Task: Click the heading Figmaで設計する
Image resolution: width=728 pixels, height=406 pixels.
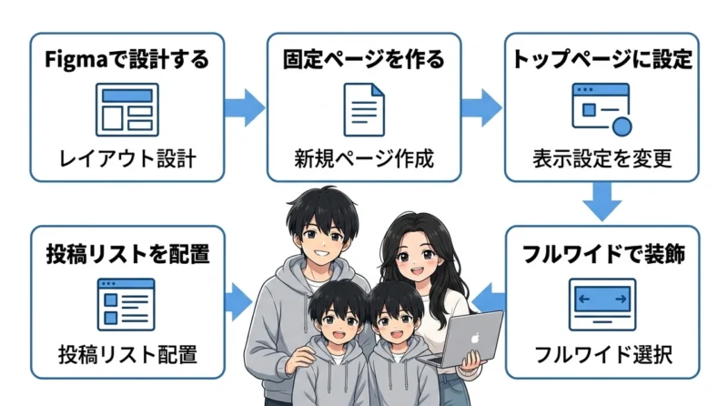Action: pyautogui.click(x=126, y=60)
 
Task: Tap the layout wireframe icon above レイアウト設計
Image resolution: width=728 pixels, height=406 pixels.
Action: pyautogui.click(x=127, y=110)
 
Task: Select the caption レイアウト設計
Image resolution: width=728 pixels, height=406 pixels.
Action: pyautogui.click(x=127, y=159)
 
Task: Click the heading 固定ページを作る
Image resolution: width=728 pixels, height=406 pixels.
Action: pyautogui.click(x=363, y=60)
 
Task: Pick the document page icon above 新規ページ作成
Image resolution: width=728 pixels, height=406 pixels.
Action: pyautogui.click(x=364, y=110)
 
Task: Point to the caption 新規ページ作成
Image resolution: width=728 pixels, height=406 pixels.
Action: pyautogui.click(x=364, y=159)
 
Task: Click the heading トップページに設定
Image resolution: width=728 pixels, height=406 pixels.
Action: pyautogui.click(x=602, y=60)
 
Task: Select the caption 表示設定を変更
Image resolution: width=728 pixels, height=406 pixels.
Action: pyautogui.click(x=602, y=159)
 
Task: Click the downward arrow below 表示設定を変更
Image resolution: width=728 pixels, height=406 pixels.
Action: pyautogui.click(x=602, y=201)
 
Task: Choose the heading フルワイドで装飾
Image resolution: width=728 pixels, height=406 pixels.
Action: pyautogui.click(x=603, y=254)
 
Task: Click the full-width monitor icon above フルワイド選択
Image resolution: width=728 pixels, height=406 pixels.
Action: pyautogui.click(x=602, y=305)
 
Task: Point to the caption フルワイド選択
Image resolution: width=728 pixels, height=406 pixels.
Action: pyautogui.click(x=603, y=355)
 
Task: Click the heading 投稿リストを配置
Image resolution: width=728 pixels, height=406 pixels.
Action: pyautogui.click(x=127, y=254)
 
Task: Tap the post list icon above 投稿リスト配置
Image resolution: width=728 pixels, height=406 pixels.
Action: pyautogui.click(x=126, y=305)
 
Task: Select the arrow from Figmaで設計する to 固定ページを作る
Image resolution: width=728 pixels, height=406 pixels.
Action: pyautogui.click(x=245, y=107)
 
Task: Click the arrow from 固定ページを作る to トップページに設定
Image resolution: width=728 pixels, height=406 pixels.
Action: pyautogui.click(x=482, y=107)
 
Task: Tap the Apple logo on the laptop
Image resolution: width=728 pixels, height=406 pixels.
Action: pyautogui.click(x=474, y=338)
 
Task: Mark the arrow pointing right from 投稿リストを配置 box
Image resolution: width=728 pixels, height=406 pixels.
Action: pyautogui.click(x=239, y=302)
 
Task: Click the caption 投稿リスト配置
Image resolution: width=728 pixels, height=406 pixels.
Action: pyautogui.click(x=127, y=355)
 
